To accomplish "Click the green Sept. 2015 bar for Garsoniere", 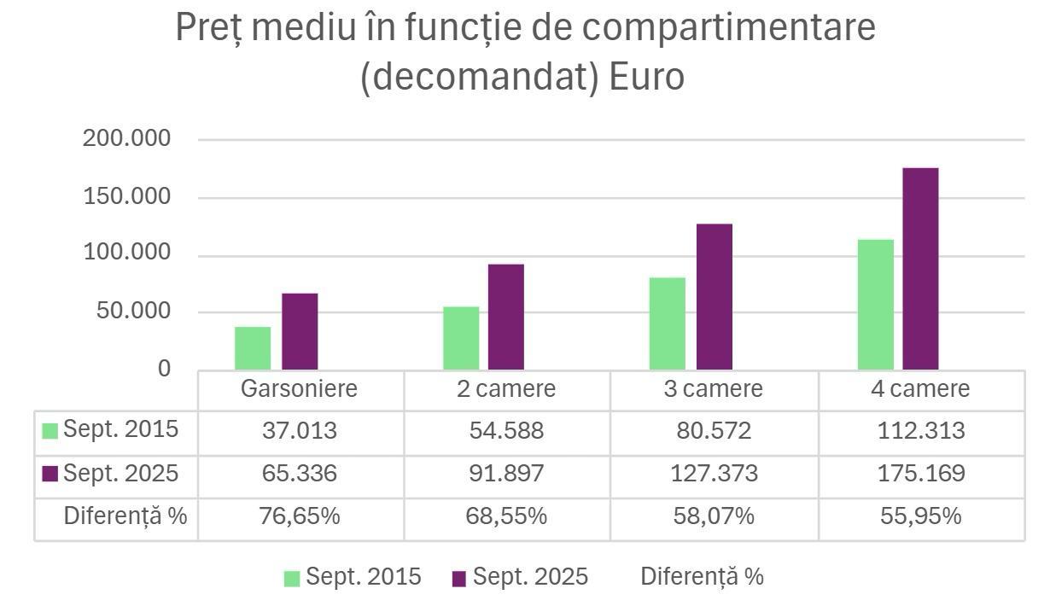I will [x=253, y=348].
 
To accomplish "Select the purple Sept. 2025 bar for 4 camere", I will [x=920, y=269].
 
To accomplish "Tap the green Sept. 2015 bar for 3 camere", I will [x=667, y=323].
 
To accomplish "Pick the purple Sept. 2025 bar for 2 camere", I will [x=506, y=317].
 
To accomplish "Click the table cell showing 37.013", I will [x=300, y=431].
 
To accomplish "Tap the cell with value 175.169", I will [x=921, y=474].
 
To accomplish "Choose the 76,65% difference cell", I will [x=300, y=516].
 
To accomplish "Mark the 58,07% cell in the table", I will [x=714, y=516].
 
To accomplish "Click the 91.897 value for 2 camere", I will [x=506, y=474].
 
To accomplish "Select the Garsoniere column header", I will [x=300, y=389].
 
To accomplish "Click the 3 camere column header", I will [x=714, y=389].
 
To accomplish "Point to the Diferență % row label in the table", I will [x=125, y=516].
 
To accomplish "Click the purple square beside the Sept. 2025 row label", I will [x=50, y=474].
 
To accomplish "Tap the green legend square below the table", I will [x=292, y=579].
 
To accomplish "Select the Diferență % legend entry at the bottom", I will [x=702, y=577].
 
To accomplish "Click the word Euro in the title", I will [x=646, y=77].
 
